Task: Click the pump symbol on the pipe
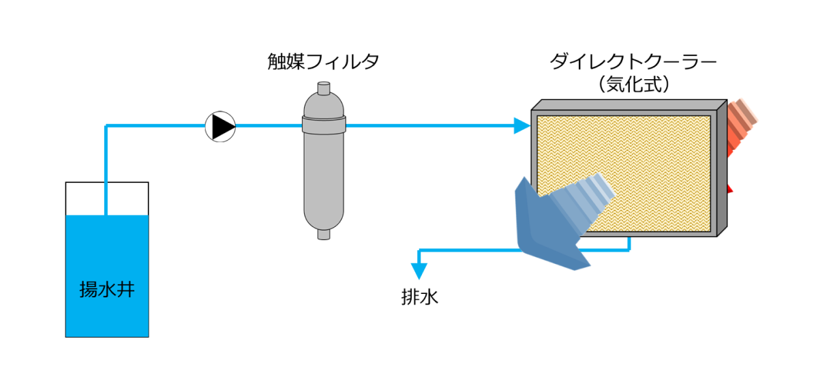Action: coord(220,126)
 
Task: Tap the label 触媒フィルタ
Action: coord(323,62)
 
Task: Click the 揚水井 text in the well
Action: coord(106,290)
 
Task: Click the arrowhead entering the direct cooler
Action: coord(522,125)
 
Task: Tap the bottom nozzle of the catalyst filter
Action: coord(324,235)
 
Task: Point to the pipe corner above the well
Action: coord(107,126)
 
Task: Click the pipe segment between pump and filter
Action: coord(269,125)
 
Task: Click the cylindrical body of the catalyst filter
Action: coord(324,177)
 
